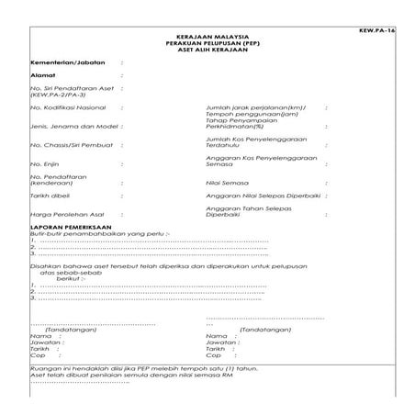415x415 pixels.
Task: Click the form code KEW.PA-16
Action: [x=379, y=30]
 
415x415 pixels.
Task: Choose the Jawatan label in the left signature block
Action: [x=45, y=343]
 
